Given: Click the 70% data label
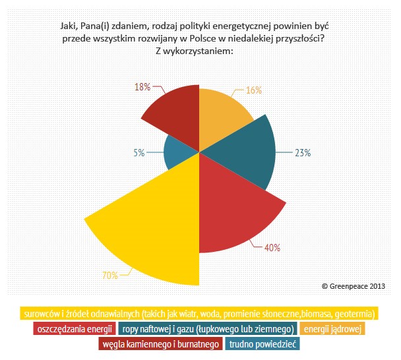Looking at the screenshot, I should pos(109,274).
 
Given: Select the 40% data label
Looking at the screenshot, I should pos(272,248).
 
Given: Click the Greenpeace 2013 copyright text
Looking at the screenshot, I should pos(353,286).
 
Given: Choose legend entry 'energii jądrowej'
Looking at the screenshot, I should pos(332,328).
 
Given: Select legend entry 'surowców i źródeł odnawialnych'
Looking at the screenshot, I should pos(199,313).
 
